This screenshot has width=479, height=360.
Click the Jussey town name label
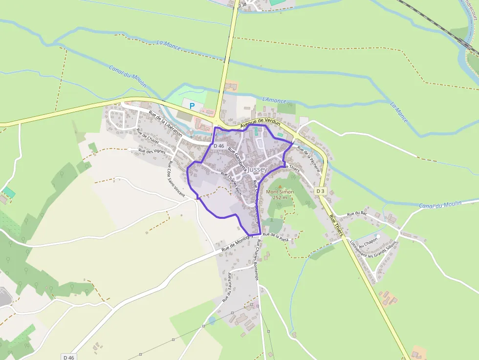[x=258, y=169]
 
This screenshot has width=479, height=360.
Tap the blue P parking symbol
[x=192, y=106]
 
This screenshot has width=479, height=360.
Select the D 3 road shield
[x=320, y=191]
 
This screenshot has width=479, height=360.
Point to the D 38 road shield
[x=242, y=5]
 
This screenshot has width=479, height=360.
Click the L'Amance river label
[x=274, y=100]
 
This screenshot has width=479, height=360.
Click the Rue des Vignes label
[x=152, y=151]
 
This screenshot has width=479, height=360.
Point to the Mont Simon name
[x=280, y=192]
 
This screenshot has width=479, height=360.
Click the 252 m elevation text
[x=280, y=197]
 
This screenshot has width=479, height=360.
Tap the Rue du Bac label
[x=357, y=213]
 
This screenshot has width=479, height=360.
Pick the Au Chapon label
[x=368, y=243]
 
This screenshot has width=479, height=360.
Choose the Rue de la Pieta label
[x=276, y=235]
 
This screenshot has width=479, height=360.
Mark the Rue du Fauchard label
[x=227, y=287]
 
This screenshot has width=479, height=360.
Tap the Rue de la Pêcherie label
[x=308, y=159]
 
